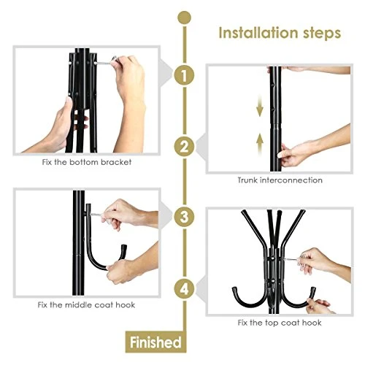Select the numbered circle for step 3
pos(185,216)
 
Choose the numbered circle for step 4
pos(185,290)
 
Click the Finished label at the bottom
pos(155,341)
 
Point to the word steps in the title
pos(319,34)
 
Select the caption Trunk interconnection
pos(280,180)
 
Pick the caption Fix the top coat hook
pos(280,323)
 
